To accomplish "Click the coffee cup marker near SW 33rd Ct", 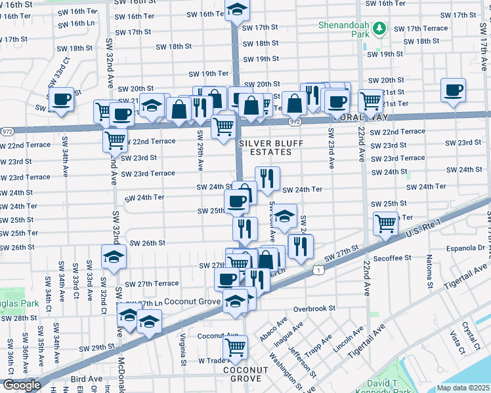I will (x=62, y=100).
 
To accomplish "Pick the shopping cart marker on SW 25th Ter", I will (x=385, y=224).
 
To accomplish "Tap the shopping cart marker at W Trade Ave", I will (x=235, y=348).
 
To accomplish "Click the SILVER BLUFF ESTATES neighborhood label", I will (x=265, y=147).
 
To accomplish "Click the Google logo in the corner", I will (x=22, y=385).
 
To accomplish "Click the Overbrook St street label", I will (x=314, y=308).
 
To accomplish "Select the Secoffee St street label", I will (x=391, y=258).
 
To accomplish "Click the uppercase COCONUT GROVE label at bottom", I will (x=245, y=374).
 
